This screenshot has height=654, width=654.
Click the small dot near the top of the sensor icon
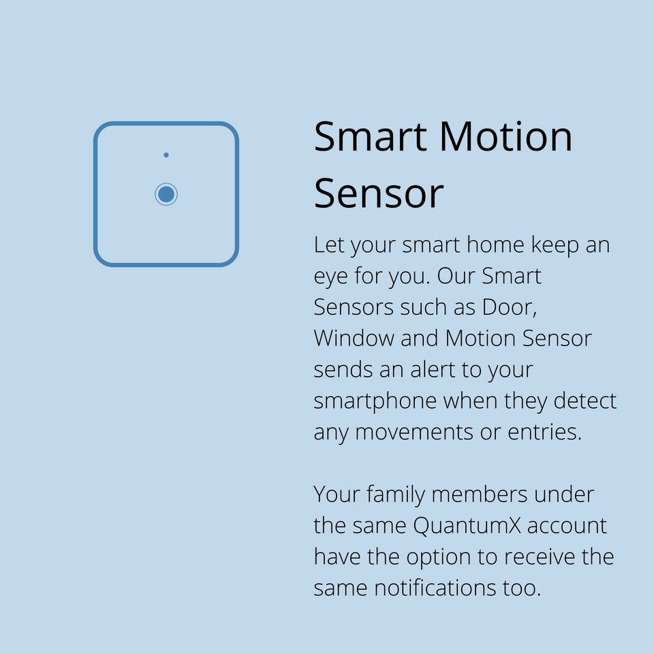click(x=166, y=155)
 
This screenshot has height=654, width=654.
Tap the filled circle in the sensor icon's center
click(x=166, y=194)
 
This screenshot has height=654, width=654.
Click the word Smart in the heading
click(x=371, y=137)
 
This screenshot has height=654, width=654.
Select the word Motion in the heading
click(x=505, y=137)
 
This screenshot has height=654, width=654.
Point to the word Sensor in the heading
click(x=379, y=193)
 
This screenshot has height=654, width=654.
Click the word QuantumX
click(x=467, y=525)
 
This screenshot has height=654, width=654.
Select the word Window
click(x=354, y=339)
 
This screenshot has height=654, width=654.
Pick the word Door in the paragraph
click(x=510, y=307)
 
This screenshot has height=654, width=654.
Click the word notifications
click(x=435, y=588)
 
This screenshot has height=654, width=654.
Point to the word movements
click(x=414, y=432)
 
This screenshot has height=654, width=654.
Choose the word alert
click(x=433, y=369)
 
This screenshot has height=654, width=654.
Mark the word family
click(x=395, y=495)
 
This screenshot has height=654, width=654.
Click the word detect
click(x=585, y=401)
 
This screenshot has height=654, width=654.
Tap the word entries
click(x=544, y=432)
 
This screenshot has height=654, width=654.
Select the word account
click(x=567, y=526)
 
